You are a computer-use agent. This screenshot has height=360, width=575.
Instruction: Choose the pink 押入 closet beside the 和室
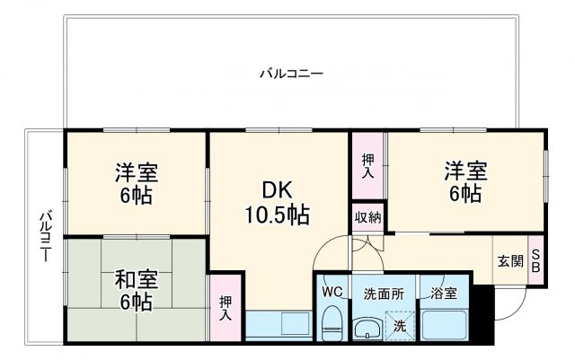click(226, 308)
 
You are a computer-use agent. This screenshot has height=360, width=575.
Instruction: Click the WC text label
click(332, 293)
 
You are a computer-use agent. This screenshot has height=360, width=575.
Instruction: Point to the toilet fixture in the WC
click(332, 320)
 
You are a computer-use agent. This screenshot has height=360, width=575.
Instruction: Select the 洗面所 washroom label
click(384, 293)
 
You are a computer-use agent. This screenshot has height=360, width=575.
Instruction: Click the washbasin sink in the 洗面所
click(367, 328)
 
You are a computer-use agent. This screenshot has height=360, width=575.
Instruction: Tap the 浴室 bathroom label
click(444, 293)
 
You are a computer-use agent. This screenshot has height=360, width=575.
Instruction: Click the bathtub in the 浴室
click(444, 324)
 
